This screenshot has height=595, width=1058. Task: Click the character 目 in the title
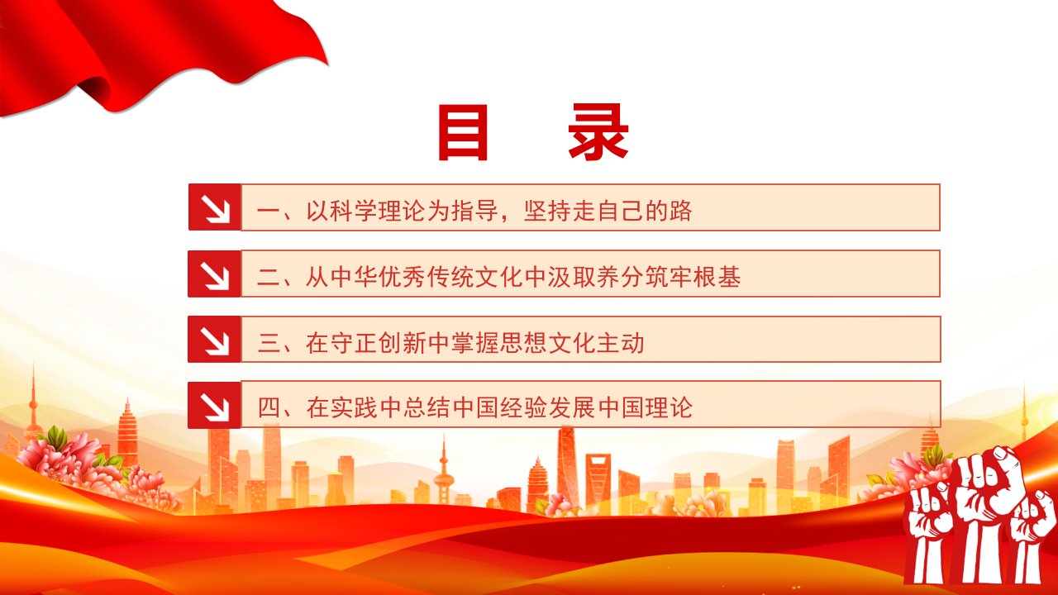[463, 132]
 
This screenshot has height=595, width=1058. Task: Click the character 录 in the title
[598, 132]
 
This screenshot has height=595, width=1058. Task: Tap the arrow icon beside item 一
[215, 207]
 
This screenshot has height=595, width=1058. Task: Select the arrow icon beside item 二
[215, 274]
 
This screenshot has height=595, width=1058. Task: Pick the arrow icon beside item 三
[215, 340]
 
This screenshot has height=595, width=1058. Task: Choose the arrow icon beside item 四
[215, 405]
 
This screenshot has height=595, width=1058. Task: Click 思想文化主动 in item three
[572, 343]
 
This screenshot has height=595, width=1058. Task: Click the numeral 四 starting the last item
[269, 408]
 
